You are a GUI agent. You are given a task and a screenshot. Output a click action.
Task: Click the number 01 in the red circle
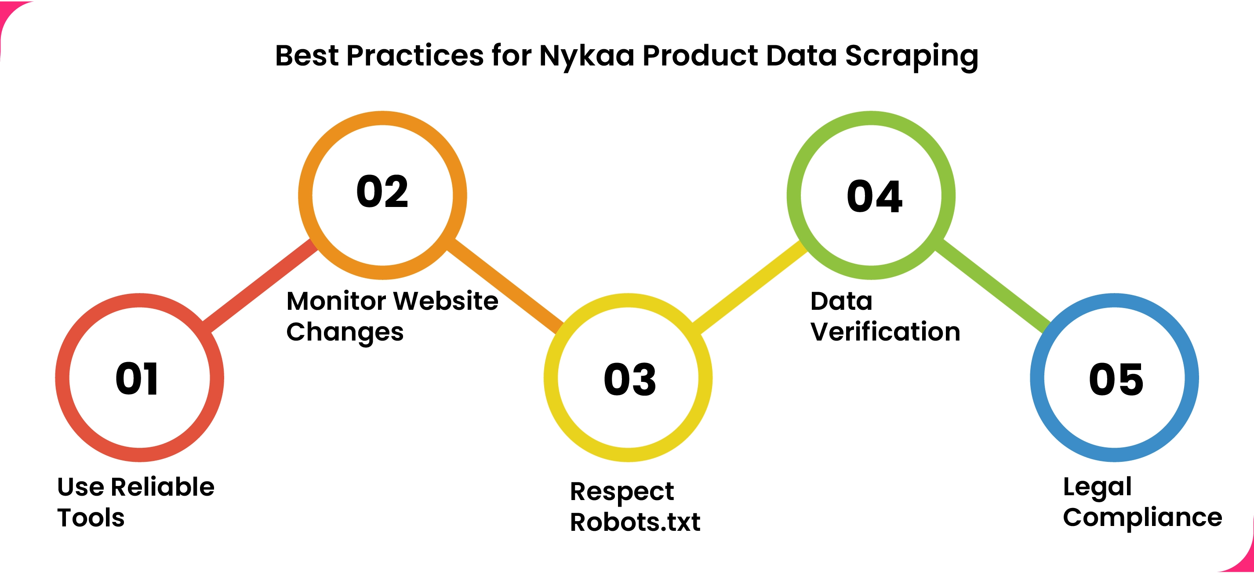[x=137, y=378]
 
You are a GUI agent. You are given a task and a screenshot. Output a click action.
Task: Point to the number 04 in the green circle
[x=874, y=196]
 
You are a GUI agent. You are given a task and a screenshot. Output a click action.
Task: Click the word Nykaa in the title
[x=587, y=55]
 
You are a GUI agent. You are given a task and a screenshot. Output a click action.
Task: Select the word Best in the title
[x=307, y=55]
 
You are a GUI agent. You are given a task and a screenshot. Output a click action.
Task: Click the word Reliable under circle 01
[x=163, y=486]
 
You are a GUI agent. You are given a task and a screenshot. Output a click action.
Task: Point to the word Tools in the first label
[x=91, y=517]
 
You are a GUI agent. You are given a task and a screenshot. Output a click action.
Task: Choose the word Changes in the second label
[x=345, y=332]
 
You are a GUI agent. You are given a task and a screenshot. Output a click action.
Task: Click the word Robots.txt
[x=635, y=522]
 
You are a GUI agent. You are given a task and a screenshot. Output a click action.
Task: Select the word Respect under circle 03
[x=622, y=492]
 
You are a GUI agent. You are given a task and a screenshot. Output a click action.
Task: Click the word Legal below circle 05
[x=1097, y=487]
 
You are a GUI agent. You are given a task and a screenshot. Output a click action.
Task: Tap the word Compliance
[x=1142, y=517]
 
